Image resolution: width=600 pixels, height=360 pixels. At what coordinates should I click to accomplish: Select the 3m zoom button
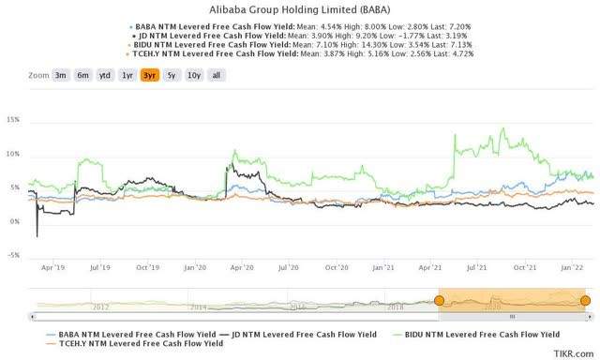[60, 75]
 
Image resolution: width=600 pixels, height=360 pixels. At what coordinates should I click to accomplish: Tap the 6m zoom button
[82, 75]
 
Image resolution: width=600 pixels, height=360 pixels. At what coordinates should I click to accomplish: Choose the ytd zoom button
[105, 75]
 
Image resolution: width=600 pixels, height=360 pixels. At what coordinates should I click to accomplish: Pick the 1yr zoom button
[127, 75]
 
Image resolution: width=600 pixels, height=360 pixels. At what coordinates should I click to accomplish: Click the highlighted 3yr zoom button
[149, 75]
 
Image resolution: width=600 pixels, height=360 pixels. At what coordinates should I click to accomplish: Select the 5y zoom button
[171, 75]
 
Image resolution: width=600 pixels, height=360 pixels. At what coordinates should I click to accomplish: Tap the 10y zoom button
[192, 75]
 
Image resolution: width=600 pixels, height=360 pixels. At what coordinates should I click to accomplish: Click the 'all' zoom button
[215, 75]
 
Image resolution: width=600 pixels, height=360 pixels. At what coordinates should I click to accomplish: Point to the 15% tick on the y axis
[13, 120]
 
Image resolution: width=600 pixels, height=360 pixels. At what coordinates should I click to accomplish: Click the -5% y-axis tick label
[13, 255]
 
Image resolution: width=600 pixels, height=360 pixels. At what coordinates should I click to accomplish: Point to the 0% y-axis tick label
[15, 221]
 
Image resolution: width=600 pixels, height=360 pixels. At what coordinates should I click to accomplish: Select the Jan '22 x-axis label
[575, 267]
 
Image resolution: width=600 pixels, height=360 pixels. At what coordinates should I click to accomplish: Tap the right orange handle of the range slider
[585, 300]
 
